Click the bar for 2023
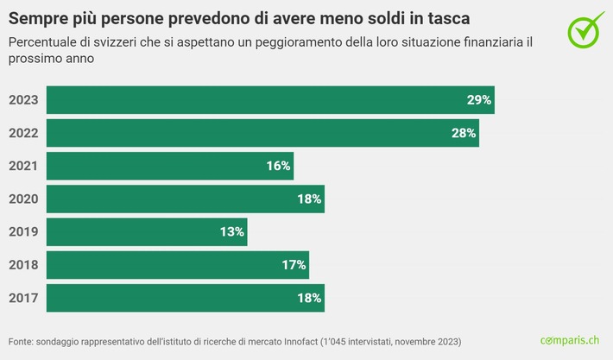[269, 100]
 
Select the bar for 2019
[147, 232]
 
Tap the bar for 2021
[170, 166]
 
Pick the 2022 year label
[23, 133]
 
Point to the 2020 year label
[23, 199]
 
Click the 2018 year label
[23, 265]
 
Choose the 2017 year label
[23, 298]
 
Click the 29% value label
[478, 100]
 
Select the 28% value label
[464, 133]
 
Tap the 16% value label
[278, 166]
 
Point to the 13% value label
[232, 232]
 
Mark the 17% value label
[294, 265]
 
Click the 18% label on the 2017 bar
[309, 298]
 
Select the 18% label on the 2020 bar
[309, 199]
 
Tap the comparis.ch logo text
[569, 341]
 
